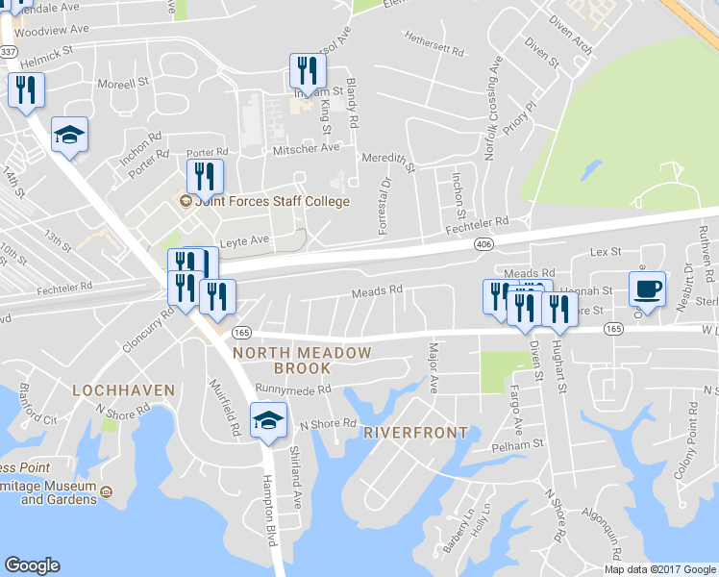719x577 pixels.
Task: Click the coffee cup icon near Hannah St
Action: click(x=648, y=288)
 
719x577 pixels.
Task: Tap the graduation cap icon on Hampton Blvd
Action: click(x=268, y=420)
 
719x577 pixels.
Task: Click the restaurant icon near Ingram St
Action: click(x=308, y=70)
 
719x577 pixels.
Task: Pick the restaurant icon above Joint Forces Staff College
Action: click(x=204, y=176)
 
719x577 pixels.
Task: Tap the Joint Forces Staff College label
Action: click(x=272, y=202)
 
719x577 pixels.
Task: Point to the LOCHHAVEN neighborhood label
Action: click(x=124, y=390)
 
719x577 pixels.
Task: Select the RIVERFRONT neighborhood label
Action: click(x=416, y=433)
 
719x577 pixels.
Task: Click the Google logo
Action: click(x=32, y=565)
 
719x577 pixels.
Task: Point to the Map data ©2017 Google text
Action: click(x=659, y=569)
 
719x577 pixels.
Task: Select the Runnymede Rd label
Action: click(x=293, y=389)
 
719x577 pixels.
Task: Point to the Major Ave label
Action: click(x=434, y=367)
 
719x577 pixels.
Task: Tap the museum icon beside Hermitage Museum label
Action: click(x=108, y=492)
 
